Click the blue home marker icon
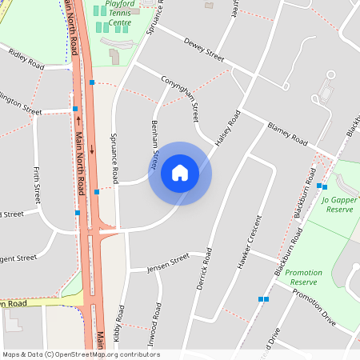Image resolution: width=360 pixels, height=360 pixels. (180, 173)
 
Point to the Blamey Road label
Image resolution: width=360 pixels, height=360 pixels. (288, 134)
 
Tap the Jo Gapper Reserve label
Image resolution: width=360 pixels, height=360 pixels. (338, 204)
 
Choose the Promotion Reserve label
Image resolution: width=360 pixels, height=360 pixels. (304, 278)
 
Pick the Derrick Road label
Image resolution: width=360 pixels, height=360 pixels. (203, 268)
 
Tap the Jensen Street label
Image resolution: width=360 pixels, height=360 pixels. (168, 263)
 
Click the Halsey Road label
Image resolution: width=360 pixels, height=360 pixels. (228, 128)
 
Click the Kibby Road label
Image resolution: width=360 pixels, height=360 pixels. (119, 323)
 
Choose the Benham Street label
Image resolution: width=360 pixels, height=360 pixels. (155, 146)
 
